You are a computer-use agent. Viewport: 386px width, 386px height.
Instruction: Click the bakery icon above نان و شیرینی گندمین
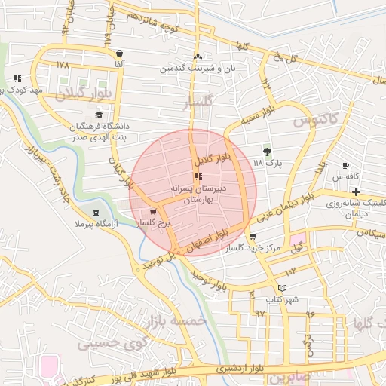(198, 57)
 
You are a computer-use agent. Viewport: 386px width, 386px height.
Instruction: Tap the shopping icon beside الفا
(121, 53)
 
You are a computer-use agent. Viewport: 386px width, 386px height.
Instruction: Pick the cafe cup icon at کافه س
(345, 165)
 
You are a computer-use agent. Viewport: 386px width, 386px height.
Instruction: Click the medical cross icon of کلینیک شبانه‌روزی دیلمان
(355, 191)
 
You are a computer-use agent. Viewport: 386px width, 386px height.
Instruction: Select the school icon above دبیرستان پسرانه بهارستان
(198, 177)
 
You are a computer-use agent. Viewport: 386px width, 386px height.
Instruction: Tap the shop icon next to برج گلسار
(154, 212)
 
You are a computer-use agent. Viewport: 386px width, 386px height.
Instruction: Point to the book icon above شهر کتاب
(283, 287)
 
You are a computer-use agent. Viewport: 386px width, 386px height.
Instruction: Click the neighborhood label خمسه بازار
(177, 320)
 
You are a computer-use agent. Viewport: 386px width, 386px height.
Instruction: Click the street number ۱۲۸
(62, 65)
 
